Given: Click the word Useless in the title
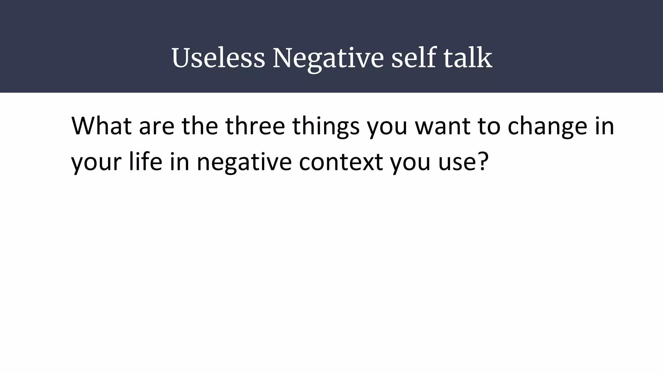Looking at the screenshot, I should pos(218,58).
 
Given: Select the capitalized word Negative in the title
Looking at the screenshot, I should pos(328,58).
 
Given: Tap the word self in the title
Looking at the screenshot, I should pos(413,58).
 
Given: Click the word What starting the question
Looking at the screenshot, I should pos(101,126).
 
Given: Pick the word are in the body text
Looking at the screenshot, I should pos(157,126).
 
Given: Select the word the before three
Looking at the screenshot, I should pos(200,126).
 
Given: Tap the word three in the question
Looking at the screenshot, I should pos(255,126).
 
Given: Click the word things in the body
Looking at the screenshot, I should pos(326,126).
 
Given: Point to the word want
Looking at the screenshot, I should pos(442,126).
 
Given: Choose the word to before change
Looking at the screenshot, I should pos(489,126).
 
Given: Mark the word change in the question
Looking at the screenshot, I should pos(547,126).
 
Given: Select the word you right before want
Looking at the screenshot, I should pos(387,126).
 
